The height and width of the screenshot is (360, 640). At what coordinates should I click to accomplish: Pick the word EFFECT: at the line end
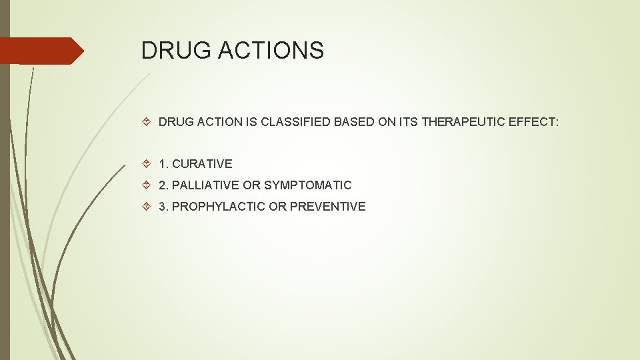pyautogui.click(x=533, y=122)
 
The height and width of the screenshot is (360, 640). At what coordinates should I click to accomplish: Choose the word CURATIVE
pyautogui.click(x=202, y=163)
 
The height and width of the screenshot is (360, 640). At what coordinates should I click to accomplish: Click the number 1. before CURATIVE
pyautogui.click(x=163, y=163)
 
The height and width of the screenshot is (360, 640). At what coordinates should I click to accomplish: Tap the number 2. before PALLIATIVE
pyautogui.click(x=163, y=185)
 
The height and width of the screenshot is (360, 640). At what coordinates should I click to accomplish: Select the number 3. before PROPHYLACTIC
pyautogui.click(x=163, y=206)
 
